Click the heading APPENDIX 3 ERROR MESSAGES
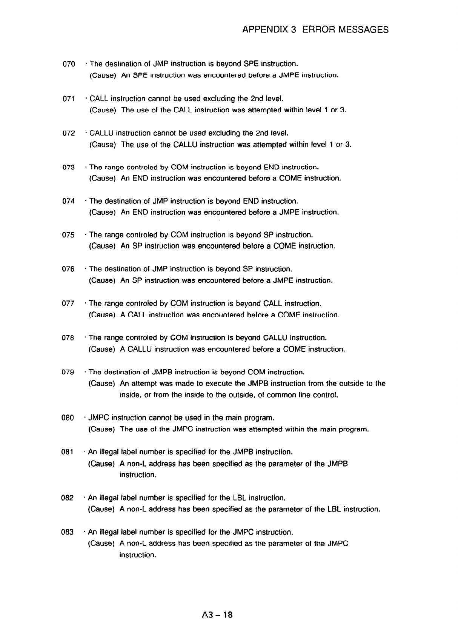click(315, 29)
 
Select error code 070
click(69, 64)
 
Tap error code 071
click(69, 99)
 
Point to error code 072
click(69, 133)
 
